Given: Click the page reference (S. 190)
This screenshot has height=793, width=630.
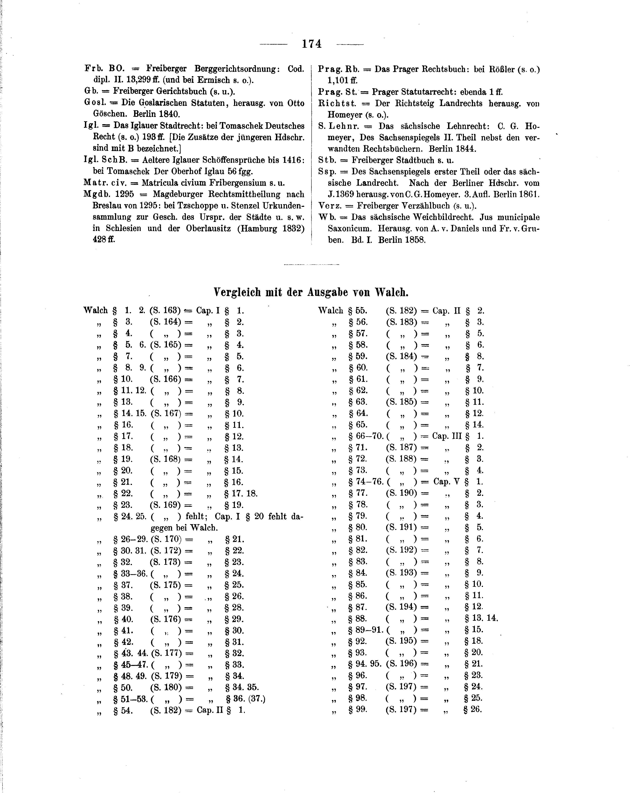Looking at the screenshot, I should point(401,493).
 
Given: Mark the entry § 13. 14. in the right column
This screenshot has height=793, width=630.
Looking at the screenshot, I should point(481,618).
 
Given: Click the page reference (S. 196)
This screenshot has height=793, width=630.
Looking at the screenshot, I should point(401,664).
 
